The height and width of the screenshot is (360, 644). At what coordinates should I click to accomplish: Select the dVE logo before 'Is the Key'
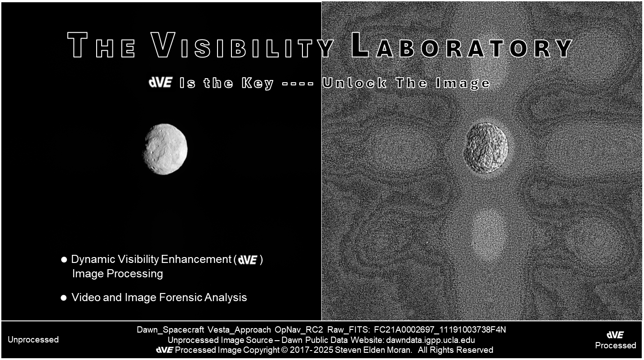(x=161, y=83)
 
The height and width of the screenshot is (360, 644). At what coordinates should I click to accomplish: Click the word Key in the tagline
(x=258, y=84)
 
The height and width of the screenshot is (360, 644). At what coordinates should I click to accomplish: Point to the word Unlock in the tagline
(x=354, y=83)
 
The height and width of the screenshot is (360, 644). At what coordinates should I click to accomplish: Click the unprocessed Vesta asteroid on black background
(x=165, y=149)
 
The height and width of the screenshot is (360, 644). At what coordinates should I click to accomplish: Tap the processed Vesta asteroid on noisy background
(x=486, y=148)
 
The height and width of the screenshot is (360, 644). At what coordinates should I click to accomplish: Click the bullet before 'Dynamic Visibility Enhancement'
(x=64, y=260)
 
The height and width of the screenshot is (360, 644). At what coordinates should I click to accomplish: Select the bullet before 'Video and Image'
(x=64, y=298)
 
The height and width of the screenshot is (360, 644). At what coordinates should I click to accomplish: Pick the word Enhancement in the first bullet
(x=196, y=259)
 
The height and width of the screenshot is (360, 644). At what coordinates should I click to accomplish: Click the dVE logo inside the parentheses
(x=248, y=260)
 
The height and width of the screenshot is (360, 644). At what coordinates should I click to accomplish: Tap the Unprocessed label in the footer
(x=33, y=340)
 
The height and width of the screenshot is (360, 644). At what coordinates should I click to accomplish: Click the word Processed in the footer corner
(x=615, y=345)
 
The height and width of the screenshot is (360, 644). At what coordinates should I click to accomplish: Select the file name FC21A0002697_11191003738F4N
(x=440, y=329)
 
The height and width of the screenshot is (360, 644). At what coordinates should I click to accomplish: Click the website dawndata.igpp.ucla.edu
(x=431, y=340)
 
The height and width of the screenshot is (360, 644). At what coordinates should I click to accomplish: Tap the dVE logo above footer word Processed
(x=615, y=335)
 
